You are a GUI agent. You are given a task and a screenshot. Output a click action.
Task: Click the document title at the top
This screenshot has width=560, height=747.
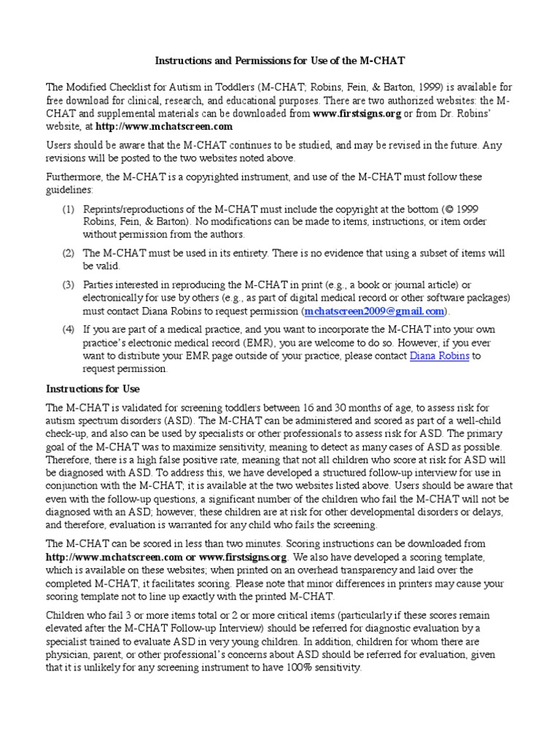(280, 61)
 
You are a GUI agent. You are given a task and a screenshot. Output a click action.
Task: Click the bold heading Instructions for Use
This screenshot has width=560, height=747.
(93, 388)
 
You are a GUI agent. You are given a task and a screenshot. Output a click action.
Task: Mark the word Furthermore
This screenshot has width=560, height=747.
(77, 177)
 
